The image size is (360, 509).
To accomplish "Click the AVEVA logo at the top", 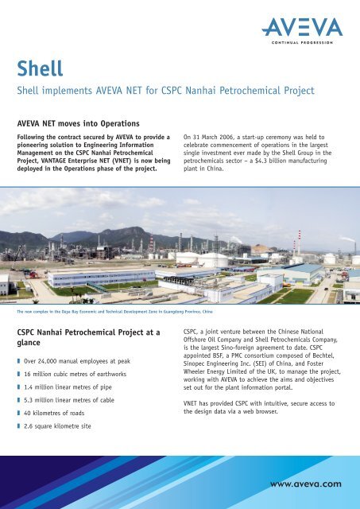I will (x=303, y=29).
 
